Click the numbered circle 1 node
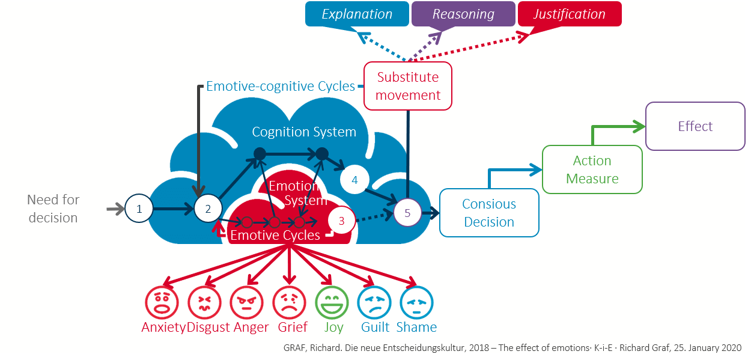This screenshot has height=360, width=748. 139,209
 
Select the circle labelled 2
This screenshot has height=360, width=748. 208,209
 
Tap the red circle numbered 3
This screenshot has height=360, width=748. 342,221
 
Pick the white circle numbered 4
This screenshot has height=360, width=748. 354,180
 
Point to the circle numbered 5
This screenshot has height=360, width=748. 407,213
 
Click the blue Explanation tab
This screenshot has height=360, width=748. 357,14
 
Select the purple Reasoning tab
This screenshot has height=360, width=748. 463,14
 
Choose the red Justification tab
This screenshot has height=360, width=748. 569,14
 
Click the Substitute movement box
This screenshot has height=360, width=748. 408,86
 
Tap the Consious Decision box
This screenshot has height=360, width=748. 489,213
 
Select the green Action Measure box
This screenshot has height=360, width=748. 592,169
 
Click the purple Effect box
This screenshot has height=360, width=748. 695,126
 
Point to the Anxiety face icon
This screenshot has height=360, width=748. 162,302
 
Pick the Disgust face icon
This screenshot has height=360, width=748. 205,302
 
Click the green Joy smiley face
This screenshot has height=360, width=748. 332,302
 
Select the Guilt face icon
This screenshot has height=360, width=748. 374,302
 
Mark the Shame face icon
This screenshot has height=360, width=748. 416,302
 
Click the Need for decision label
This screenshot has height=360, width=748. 53,209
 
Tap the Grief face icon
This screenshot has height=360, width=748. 290,302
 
